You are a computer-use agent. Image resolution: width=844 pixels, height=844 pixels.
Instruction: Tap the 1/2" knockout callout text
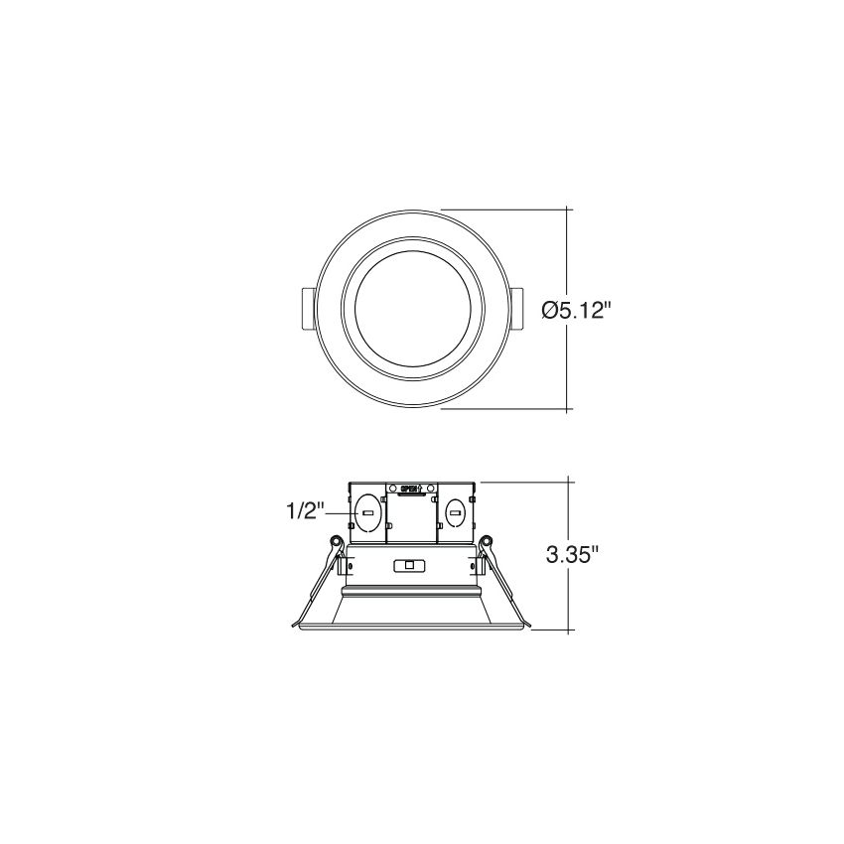pos(306,511)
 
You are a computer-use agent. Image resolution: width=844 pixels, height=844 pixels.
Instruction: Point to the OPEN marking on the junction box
pos(410,489)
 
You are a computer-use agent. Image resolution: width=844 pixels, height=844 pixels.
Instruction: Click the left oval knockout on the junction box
pos(367,512)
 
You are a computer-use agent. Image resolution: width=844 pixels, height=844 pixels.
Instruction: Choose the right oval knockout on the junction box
pos(454,512)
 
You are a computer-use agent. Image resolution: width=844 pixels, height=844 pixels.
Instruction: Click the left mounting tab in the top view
pos(307,310)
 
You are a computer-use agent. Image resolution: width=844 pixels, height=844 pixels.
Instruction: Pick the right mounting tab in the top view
pos(516,310)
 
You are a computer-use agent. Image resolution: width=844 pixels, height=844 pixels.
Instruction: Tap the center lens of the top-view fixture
pos(411,309)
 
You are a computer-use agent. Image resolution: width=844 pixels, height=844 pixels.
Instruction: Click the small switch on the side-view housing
pos(406,566)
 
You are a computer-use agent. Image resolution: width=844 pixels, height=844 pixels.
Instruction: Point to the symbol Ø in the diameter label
pos(549,310)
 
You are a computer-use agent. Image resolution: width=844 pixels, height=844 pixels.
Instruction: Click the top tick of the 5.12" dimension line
pos(567,210)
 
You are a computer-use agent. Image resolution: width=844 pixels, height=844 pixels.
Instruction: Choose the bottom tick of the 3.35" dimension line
pos(567,630)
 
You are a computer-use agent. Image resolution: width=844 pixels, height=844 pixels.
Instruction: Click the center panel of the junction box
pos(410,521)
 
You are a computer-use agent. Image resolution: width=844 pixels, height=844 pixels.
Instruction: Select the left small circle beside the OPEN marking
pos(392,489)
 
